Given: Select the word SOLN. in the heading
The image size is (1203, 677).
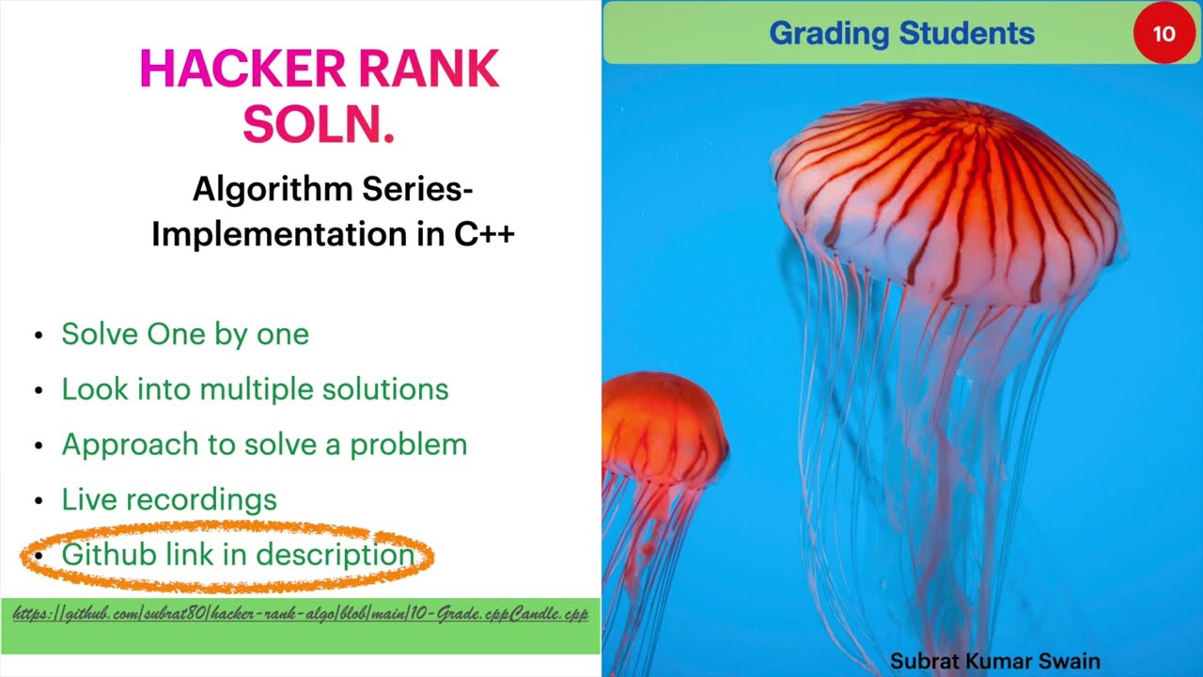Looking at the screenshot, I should point(319,124).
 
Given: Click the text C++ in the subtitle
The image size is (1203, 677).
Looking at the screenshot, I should point(485,234).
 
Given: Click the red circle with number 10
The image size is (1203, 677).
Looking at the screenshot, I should point(1164,34).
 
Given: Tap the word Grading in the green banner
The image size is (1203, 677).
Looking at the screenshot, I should point(828,34).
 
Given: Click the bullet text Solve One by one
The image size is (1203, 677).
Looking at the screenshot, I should point(185,334).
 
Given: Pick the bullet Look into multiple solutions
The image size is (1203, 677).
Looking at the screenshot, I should point(255,389).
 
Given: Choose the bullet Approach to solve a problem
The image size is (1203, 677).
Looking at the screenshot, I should point(264,444).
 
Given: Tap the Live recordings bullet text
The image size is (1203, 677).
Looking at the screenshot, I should point(169,499).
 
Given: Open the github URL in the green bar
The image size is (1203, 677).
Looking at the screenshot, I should point(301,614).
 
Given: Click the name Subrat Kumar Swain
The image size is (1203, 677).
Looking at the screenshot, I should point(994,661).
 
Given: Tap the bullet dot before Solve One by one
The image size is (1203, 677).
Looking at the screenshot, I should point(39,336).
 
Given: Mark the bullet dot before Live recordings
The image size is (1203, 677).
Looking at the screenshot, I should point(39,501).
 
